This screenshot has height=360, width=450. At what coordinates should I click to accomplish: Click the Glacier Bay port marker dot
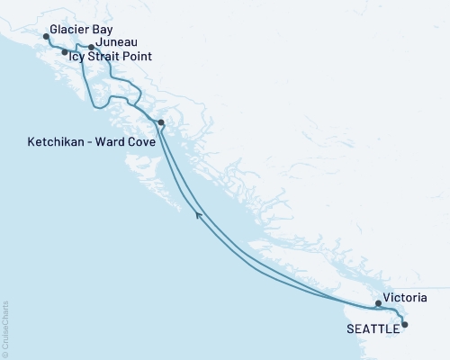(45, 37)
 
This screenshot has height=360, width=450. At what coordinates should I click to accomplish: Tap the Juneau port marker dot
(91, 47)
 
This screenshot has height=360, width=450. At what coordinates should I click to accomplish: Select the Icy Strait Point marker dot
(64, 52)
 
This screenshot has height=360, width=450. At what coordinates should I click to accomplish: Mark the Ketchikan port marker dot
(160, 122)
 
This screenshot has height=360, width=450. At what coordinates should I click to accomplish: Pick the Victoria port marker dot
(378, 304)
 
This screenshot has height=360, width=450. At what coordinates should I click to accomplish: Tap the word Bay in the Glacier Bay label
(103, 29)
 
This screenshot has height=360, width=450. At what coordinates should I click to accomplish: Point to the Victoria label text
(404, 297)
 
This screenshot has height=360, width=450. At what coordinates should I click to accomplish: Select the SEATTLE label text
(373, 328)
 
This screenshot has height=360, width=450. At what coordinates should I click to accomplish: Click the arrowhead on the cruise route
(198, 213)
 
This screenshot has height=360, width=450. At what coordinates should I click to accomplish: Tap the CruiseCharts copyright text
(5, 328)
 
